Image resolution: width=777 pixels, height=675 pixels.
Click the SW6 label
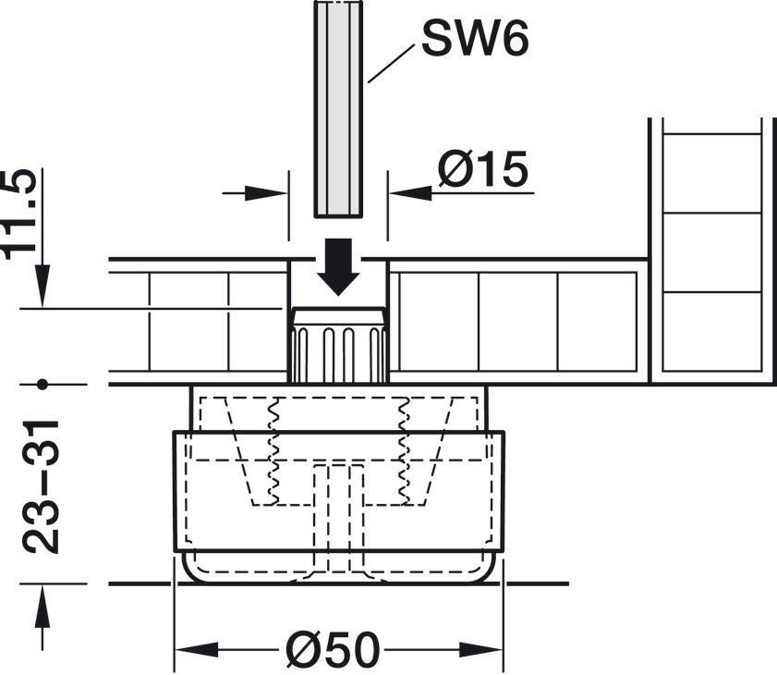click(x=477, y=39)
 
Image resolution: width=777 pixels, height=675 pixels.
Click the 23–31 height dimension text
click(x=42, y=486)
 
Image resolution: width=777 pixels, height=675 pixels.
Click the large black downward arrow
click(x=339, y=266)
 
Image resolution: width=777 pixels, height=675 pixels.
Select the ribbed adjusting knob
click(x=338, y=346)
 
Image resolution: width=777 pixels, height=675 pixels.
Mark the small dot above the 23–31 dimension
click(x=42, y=383)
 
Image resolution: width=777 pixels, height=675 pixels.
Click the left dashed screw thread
click(x=273, y=453)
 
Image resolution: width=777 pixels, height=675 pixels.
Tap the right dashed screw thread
click(x=403, y=453)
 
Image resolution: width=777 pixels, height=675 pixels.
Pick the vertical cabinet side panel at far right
click(x=711, y=250)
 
